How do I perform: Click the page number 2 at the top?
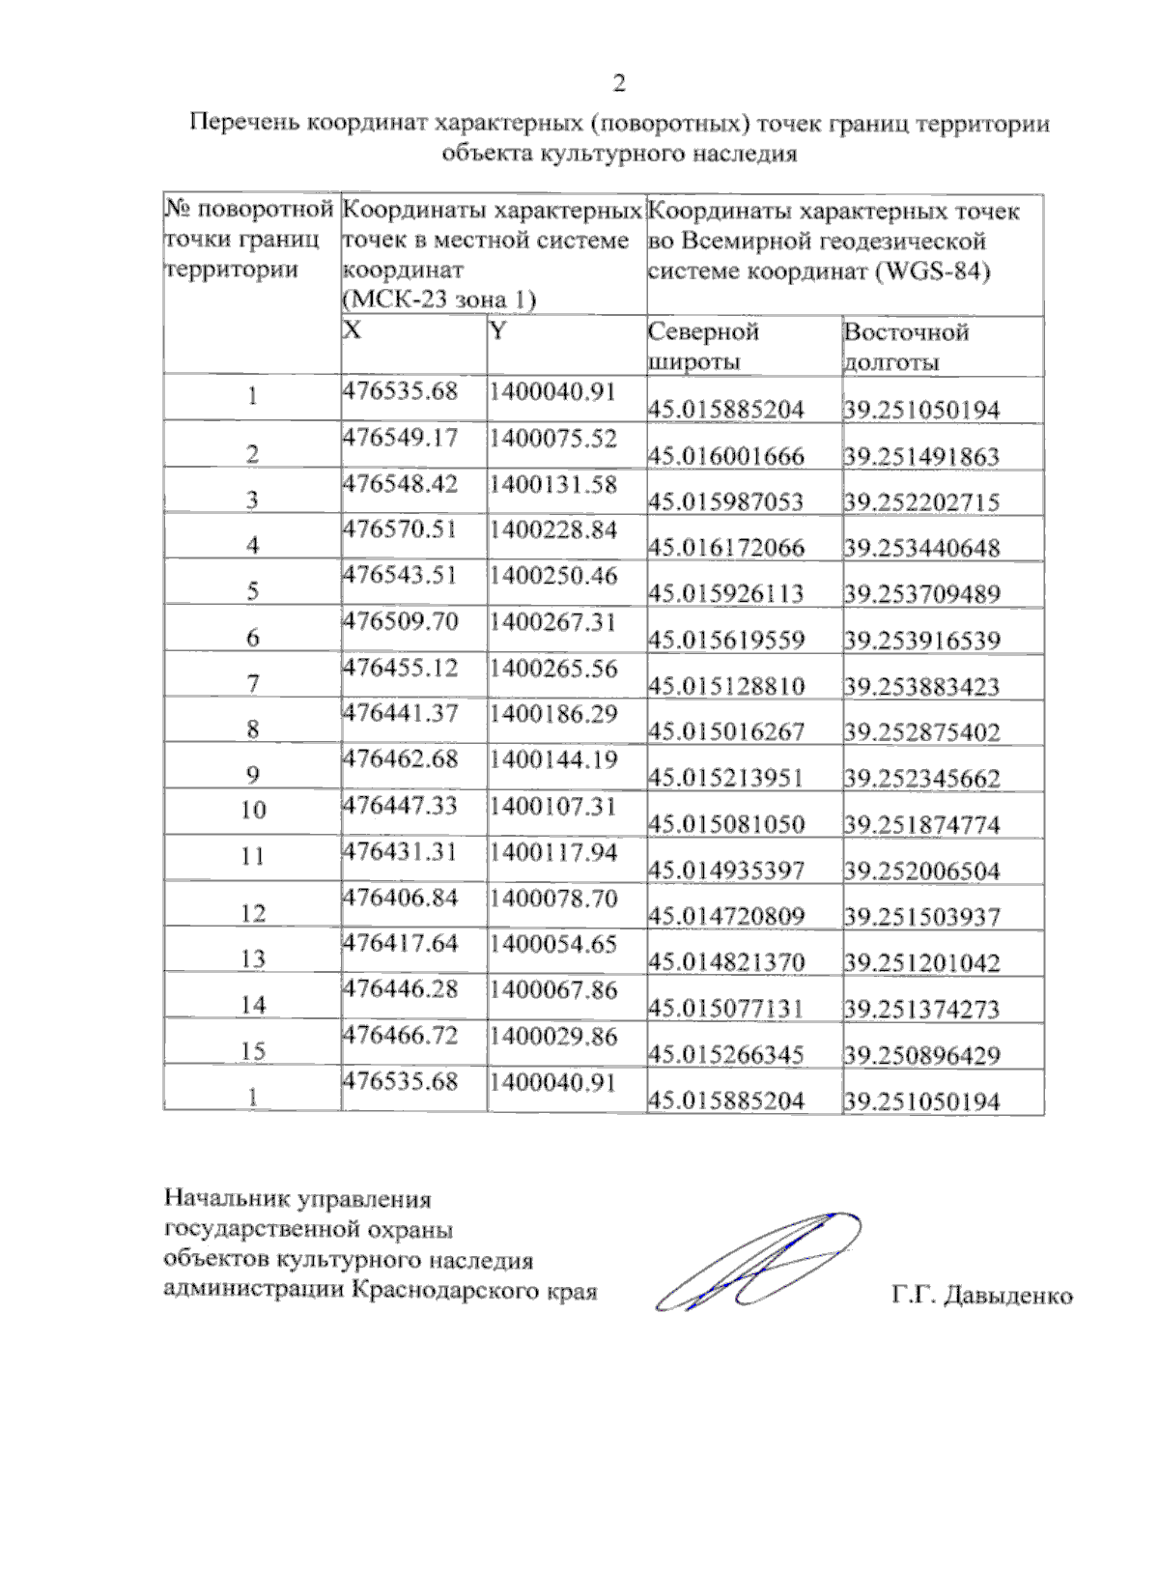619,83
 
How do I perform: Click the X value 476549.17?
400,438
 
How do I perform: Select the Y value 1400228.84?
552,529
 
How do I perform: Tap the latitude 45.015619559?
726,640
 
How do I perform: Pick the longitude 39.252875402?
922,731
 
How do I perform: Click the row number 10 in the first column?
253,810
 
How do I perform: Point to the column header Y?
497,331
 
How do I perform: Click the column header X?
353,330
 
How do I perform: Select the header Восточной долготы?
905,347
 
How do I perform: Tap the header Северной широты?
703,347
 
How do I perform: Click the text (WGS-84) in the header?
933,271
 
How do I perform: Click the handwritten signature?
759,1260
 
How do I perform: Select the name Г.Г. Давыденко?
982,1295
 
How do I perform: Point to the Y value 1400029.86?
552,1036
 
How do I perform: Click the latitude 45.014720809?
726,916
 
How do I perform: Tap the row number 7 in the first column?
253,684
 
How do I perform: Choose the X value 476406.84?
400,898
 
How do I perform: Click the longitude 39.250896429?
922,1054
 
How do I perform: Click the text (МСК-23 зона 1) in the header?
439,300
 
